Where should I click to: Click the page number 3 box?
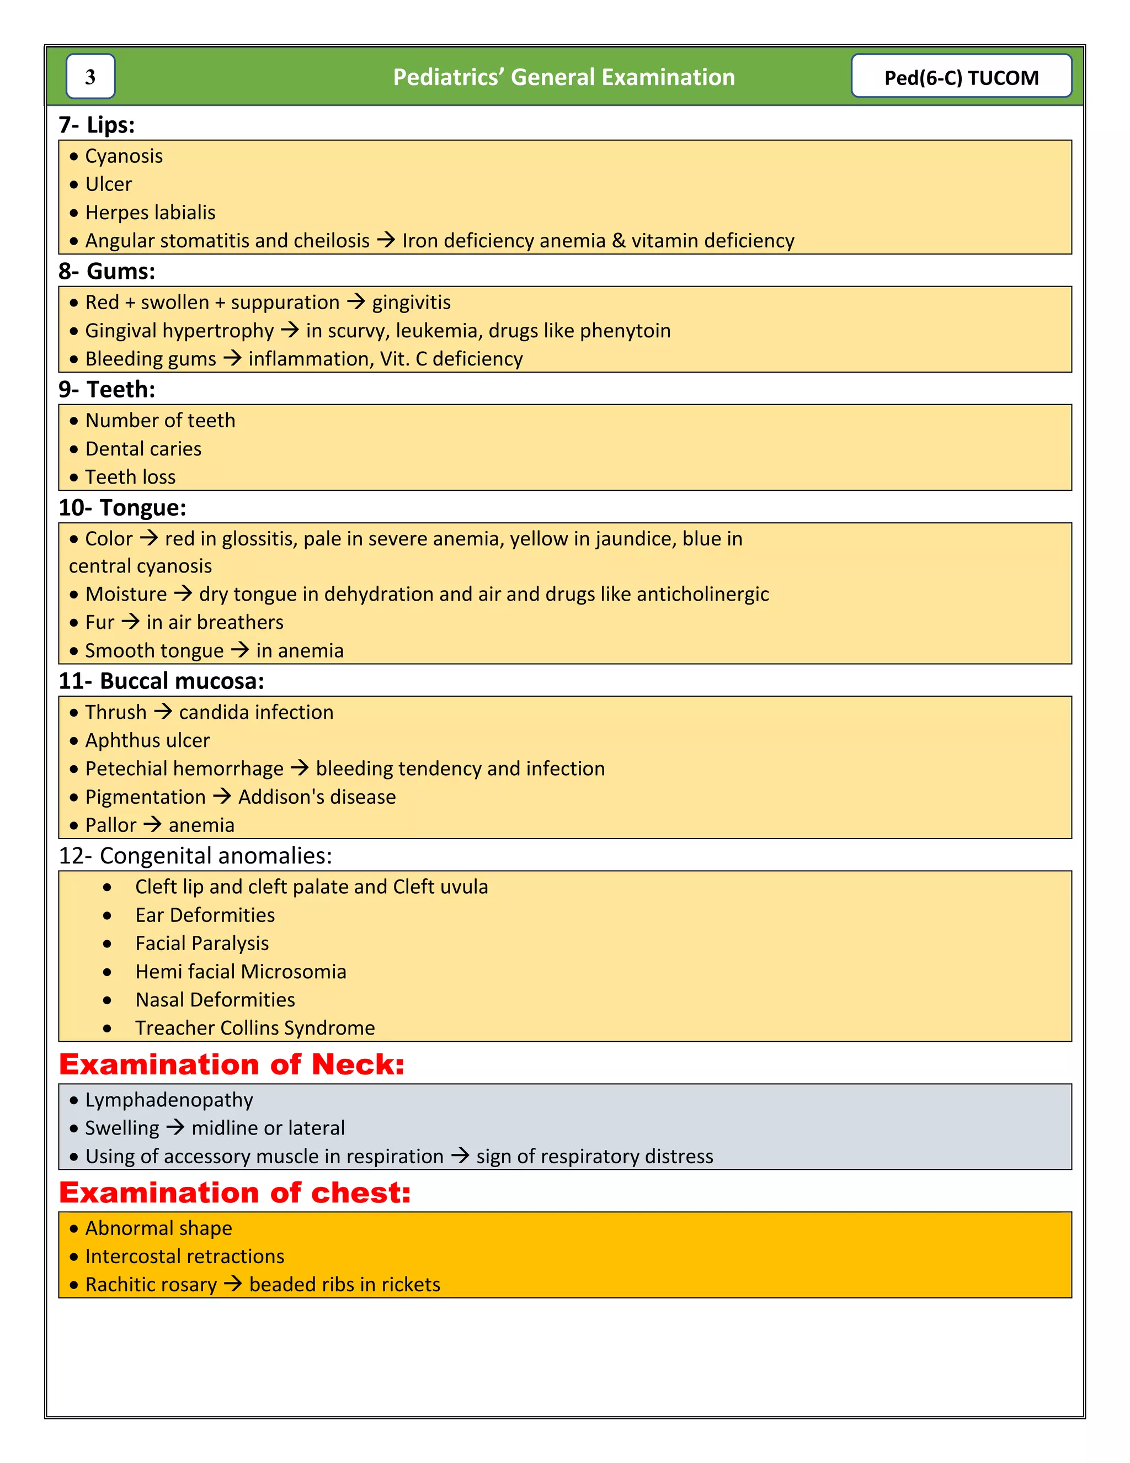click(90, 76)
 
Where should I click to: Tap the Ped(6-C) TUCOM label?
click(961, 77)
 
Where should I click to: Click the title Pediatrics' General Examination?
click(564, 77)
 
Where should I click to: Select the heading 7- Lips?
click(97, 125)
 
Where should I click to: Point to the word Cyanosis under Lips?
click(124, 156)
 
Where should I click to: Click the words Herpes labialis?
click(150, 213)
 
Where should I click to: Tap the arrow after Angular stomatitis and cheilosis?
click(386, 240)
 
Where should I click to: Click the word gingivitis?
click(411, 302)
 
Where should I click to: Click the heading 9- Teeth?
click(107, 389)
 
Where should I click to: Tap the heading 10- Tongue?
click(122, 508)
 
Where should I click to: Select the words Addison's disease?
click(317, 797)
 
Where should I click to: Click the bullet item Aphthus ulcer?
click(147, 740)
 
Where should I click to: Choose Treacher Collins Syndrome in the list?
click(254, 1027)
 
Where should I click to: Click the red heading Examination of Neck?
click(232, 1064)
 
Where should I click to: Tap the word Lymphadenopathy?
click(169, 1100)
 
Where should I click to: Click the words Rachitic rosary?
click(151, 1284)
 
